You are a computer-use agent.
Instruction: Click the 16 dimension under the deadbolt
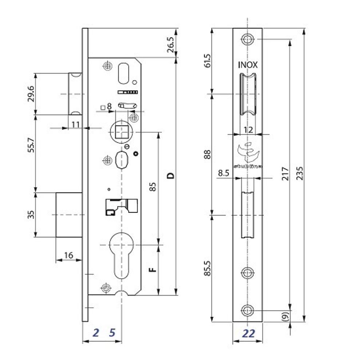tap(68, 256)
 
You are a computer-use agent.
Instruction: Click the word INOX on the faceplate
tap(248, 65)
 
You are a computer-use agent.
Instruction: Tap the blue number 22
tap(248, 333)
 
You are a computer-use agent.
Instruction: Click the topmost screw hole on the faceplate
tap(248, 39)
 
